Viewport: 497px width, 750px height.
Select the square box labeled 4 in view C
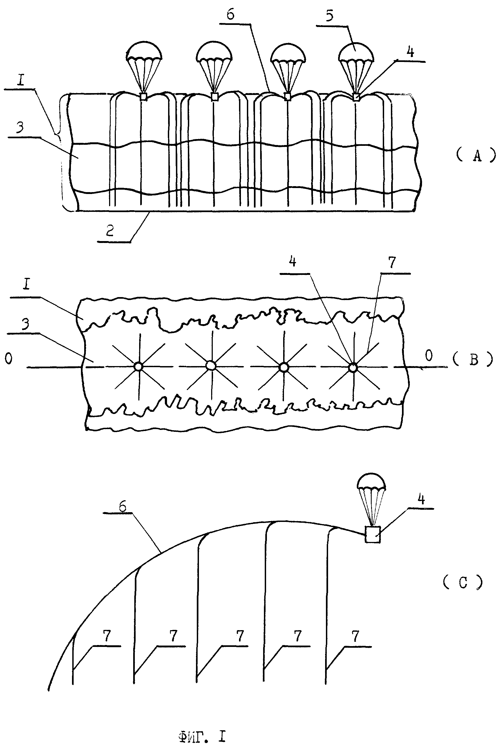point(372,534)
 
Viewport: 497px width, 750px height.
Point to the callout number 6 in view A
point(231,15)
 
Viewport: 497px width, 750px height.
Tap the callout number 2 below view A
point(110,231)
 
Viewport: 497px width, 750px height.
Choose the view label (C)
point(463,582)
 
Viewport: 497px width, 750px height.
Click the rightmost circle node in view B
point(353,368)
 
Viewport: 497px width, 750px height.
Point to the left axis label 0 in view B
point(9,358)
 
